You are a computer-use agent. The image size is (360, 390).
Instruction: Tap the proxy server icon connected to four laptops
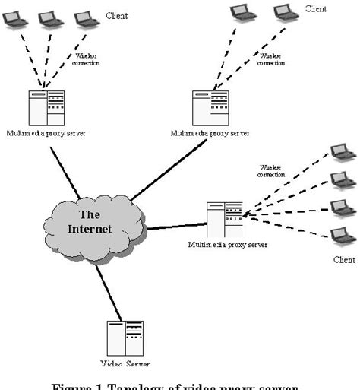(225, 219)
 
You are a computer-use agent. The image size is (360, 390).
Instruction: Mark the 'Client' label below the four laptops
(344, 260)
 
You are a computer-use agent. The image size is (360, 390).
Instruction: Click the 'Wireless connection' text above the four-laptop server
(270, 170)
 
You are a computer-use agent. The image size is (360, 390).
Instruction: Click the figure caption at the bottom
(180, 384)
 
